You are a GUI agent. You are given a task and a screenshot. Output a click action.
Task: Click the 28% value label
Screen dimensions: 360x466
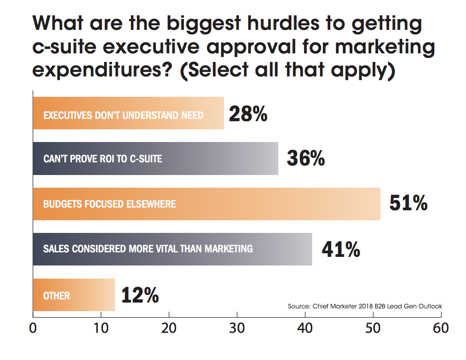pyautogui.click(x=248, y=114)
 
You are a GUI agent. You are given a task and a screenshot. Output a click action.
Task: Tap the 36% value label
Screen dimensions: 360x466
pyautogui.click(x=306, y=158)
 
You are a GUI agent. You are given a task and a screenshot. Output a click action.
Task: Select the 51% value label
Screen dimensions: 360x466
pyautogui.click(x=409, y=204)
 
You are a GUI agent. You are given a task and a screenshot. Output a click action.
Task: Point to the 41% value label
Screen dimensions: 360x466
pyautogui.click(x=341, y=249)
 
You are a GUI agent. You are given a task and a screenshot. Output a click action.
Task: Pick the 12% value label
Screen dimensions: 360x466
pyautogui.click(x=140, y=295)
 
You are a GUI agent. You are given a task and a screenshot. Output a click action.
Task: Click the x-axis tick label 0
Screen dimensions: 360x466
pyautogui.click(x=33, y=328)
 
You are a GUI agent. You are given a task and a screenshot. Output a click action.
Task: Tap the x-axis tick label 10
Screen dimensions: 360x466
pyautogui.click(x=101, y=328)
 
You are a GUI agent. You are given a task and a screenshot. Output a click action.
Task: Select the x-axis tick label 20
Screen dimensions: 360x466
pyautogui.click(x=169, y=328)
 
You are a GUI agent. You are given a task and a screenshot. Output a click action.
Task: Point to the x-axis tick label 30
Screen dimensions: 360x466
pyautogui.click(x=237, y=328)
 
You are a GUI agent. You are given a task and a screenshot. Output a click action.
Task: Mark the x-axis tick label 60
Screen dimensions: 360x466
pyautogui.click(x=440, y=328)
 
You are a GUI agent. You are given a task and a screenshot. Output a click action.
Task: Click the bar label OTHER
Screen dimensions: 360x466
pyautogui.click(x=57, y=296)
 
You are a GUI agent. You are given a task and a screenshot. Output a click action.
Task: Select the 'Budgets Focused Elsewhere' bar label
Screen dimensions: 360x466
pyautogui.click(x=109, y=204)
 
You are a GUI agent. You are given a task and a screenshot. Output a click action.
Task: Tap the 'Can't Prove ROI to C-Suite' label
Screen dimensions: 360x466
pyautogui.click(x=103, y=159)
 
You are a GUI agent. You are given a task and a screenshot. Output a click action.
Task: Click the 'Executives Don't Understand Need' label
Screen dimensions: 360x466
pyautogui.click(x=123, y=115)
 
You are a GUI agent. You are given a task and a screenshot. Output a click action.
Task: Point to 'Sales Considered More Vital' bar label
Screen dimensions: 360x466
pyautogui.click(x=148, y=249)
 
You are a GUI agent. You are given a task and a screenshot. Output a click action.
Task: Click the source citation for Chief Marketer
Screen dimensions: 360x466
pyautogui.click(x=365, y=307)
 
